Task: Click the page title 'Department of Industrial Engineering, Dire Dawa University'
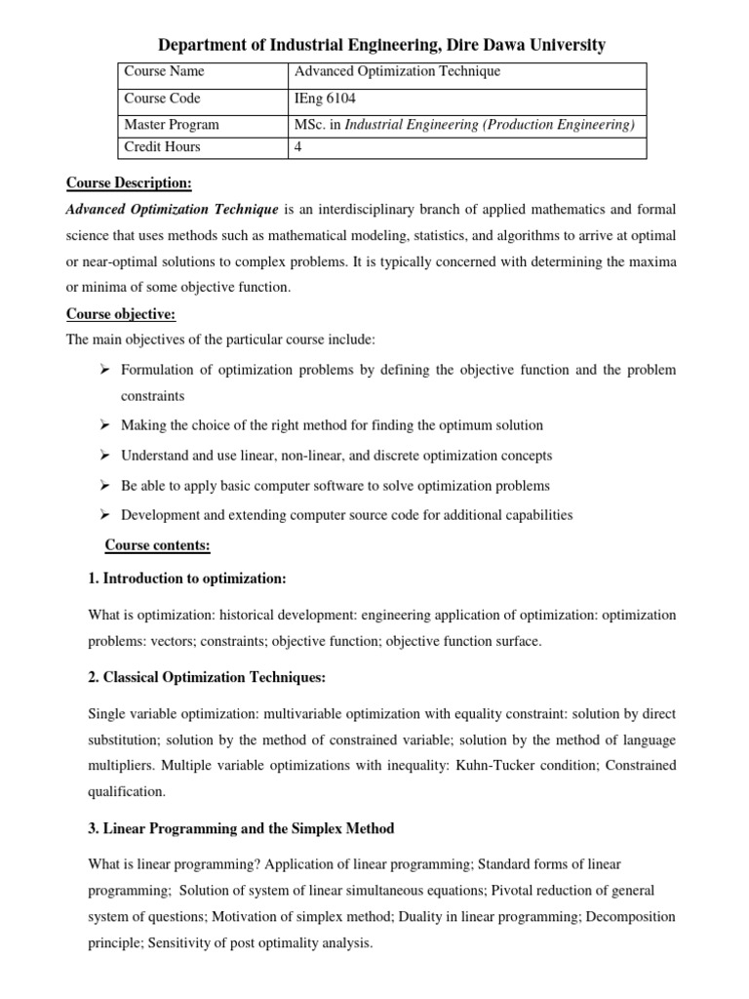point(381,45)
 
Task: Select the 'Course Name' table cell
point(164,72)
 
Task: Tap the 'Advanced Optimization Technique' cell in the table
point(390,72)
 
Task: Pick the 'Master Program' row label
point(171,125)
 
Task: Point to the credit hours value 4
point(299,147)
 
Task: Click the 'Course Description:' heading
point(128,183)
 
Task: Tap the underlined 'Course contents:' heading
point(157,544)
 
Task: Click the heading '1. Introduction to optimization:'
point(186,579)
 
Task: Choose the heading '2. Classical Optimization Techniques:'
point(207,677)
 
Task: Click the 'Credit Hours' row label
point(162,147)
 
